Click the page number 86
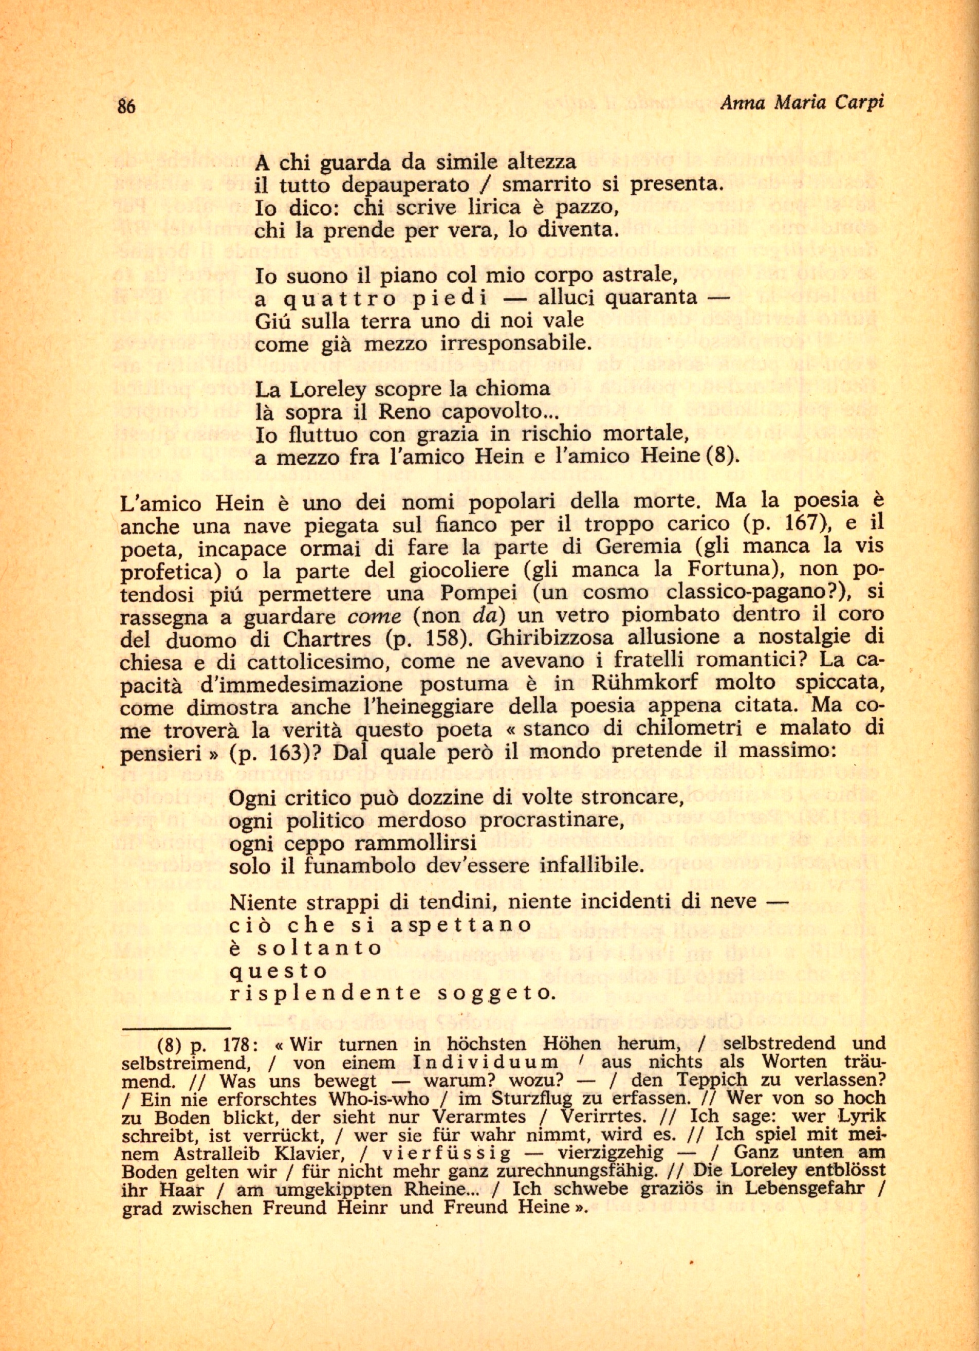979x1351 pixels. pos(127,106)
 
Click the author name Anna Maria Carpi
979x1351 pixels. pos(802,102)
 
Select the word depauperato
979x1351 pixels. pos(405,185)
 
